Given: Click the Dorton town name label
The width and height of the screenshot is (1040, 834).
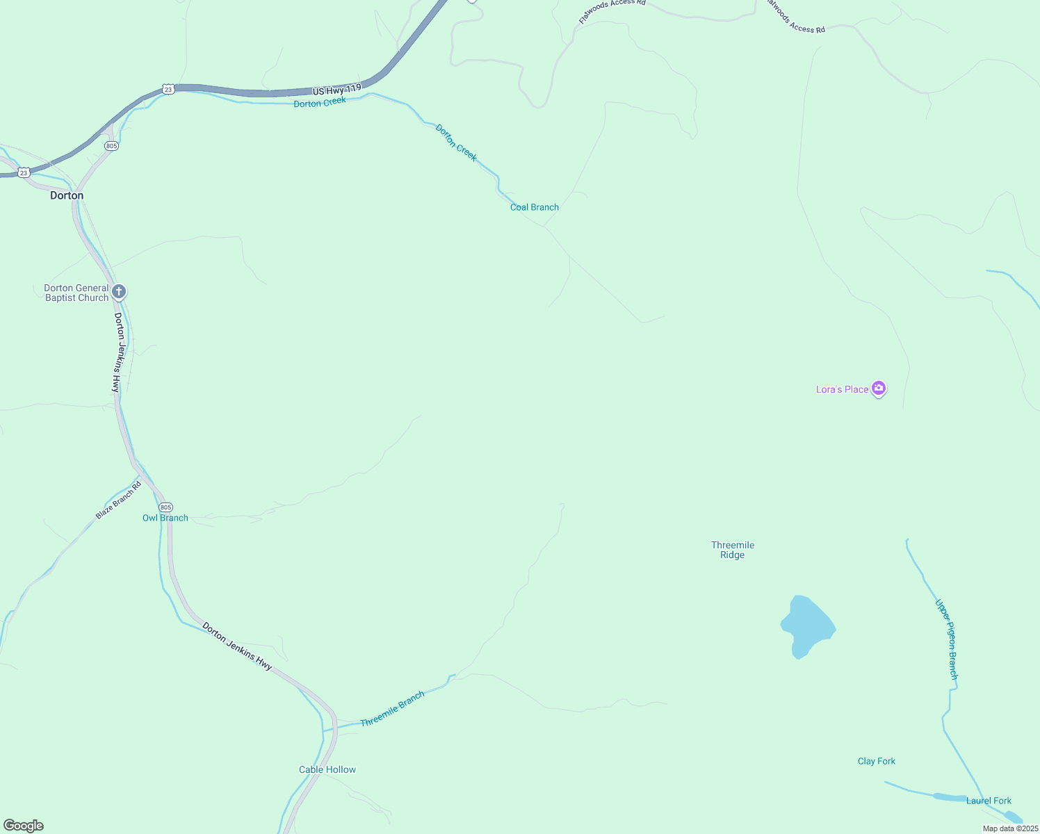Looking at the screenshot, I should pyautogui.click(x=67, y=196).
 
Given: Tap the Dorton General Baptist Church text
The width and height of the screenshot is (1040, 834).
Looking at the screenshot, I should pyautogui.click(x=76, y=293).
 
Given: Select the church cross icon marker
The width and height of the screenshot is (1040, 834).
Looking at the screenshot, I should pyautogui.click(x=119, y=291).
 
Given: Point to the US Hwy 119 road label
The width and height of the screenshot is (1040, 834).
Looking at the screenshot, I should pyautogui.click(x=336, y=90).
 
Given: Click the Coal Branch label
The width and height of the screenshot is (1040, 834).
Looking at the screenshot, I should pyautogui.click(x=535, y=207).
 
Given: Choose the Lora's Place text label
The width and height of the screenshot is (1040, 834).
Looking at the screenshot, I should pyautogui.click(x=842, y=389).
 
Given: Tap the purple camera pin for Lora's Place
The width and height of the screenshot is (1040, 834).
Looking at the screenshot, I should pyautogui.click(x=879, y=389).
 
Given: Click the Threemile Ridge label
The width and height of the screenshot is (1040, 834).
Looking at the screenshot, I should pyautogui.click(x=733, y=550).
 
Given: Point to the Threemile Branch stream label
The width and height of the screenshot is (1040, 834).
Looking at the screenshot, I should pyautogui.click(x=392, y=709).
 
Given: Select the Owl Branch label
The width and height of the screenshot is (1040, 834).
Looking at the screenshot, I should pyautogui.click(x=165, y=518).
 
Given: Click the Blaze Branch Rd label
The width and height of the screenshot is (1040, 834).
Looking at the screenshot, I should pyautogui.click(x=118, y=500).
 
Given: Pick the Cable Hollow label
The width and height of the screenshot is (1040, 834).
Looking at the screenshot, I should pyautogui.click(x=327, y=769).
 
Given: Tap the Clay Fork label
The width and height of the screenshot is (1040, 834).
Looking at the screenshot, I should pyautogui.click(x=877, y=761).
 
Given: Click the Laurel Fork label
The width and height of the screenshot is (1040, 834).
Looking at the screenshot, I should pyautogui.click(x=989, y=801).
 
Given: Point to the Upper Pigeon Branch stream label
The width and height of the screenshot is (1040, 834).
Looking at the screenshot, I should pyautogui.click(x=947, y=639).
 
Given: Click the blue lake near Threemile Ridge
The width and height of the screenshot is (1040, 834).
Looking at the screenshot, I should pyautogui.click(x=806, y=625).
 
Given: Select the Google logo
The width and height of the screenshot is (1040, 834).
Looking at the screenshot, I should pyautogui.click(x=24, y=826).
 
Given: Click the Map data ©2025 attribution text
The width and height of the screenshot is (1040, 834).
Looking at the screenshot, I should pyautogui.click(x=1010, y=828).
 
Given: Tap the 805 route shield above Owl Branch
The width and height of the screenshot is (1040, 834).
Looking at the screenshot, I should pyautogui.click(x=165, y=507).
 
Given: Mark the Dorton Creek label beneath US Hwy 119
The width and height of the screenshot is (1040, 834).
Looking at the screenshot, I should pyautogui.click(x=320, y=103).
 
